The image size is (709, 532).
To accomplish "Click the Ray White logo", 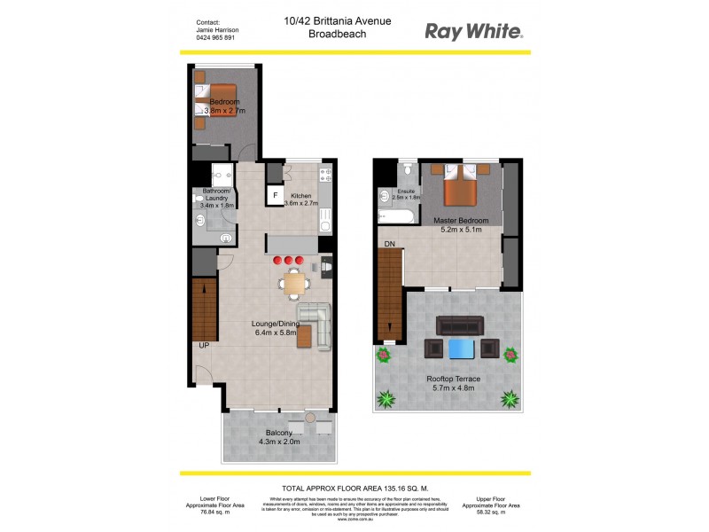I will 474,31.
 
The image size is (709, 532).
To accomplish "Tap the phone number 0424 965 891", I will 217,39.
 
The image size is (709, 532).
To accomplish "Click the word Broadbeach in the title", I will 339,35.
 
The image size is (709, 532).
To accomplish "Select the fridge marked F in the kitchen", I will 276,194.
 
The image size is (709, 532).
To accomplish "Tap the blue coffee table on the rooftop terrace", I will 462,348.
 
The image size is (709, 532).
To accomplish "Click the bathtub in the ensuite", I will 395,216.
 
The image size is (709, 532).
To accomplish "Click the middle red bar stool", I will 290,261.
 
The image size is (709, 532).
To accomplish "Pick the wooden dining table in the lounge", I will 293,283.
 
